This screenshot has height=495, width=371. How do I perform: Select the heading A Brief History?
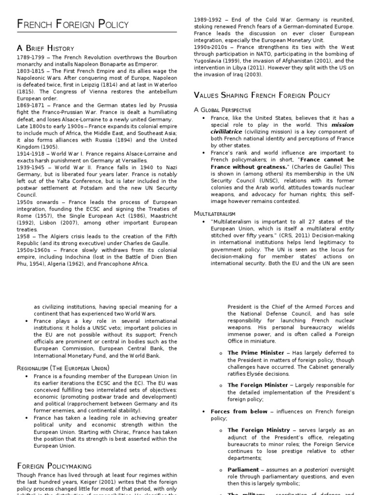(x=46, y=48)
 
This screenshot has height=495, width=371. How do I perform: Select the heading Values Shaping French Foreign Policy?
(x=262, y=95)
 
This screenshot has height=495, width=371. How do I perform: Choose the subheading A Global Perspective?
(x=223, y=110)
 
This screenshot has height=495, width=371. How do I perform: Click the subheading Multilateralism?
(x=214, y=213)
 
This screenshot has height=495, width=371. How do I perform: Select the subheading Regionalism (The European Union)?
(x=63, y=368)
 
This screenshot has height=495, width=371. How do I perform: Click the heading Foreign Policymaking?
(x=54, y=466)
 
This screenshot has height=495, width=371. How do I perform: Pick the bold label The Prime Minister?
(x=256, y=353)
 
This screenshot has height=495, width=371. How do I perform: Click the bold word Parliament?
(x=243, y=469)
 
